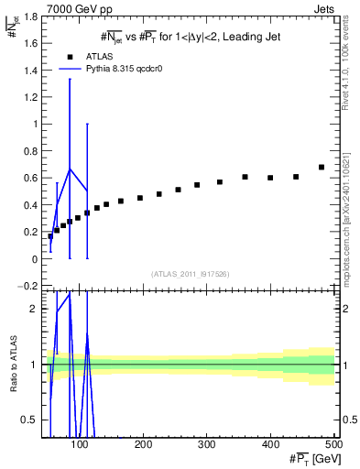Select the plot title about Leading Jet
(190, 36)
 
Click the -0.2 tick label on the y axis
(27, 286)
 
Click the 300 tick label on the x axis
(207, 444)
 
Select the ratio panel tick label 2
(33, 309)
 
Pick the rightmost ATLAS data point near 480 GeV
(322, 168)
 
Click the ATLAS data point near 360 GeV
(245, 177)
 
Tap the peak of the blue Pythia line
(70, 169)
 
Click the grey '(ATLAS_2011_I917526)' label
(190, 275)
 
